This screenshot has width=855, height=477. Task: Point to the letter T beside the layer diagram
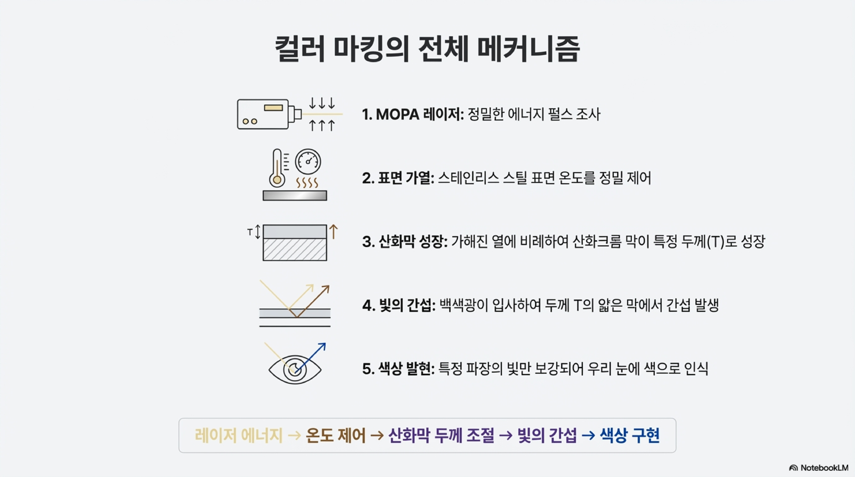250,232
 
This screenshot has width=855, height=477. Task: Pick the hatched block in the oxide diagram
295,249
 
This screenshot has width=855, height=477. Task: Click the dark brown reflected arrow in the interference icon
315,299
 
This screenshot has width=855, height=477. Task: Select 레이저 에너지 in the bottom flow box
238,436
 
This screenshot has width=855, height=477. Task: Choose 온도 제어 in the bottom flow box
336,436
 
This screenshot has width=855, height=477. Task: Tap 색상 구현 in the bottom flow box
630,436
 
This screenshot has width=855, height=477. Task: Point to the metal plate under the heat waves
295,195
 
